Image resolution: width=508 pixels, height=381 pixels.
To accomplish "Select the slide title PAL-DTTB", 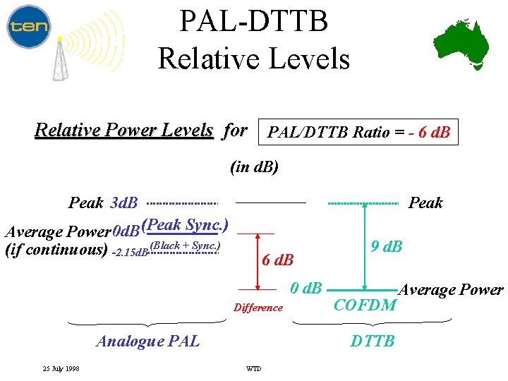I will tap(253, 21).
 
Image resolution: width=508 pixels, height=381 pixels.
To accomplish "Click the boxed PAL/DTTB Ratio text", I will tap(359, 132).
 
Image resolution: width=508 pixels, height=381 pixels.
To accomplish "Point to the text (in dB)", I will tap(255, 167).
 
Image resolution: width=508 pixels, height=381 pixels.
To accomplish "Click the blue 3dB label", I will tap(125, 203).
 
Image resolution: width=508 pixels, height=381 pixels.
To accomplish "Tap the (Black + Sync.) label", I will tap(185, 246).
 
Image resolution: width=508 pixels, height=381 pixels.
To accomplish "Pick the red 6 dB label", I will tap(277, 259).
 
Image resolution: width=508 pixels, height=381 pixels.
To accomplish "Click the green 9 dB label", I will tap(387, 246).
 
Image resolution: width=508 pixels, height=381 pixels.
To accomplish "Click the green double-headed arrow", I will tap(364, 246).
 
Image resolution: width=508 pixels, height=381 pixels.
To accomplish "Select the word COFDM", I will tap(365, 305).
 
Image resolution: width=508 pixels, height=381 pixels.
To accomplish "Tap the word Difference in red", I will tap(258, 308).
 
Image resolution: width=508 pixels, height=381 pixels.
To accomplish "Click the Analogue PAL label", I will tap(147, 341).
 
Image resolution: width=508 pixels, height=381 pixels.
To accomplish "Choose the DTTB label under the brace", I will tap(373, 341).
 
